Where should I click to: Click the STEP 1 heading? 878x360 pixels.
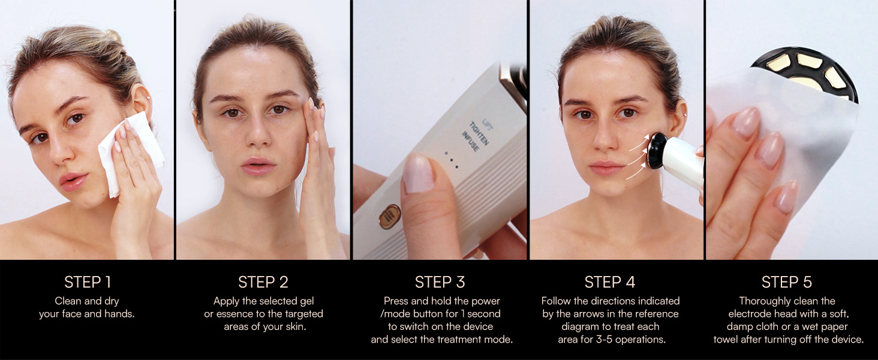[x=88, y=282]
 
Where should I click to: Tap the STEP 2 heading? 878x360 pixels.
[x=263, y=282]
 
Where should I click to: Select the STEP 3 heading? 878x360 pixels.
[x=440, y=282]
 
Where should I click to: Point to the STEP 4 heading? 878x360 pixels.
[x=610, y=282]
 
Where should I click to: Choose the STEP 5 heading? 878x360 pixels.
[x=786, y=282]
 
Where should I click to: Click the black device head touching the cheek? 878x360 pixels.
[x=657, y=149]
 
